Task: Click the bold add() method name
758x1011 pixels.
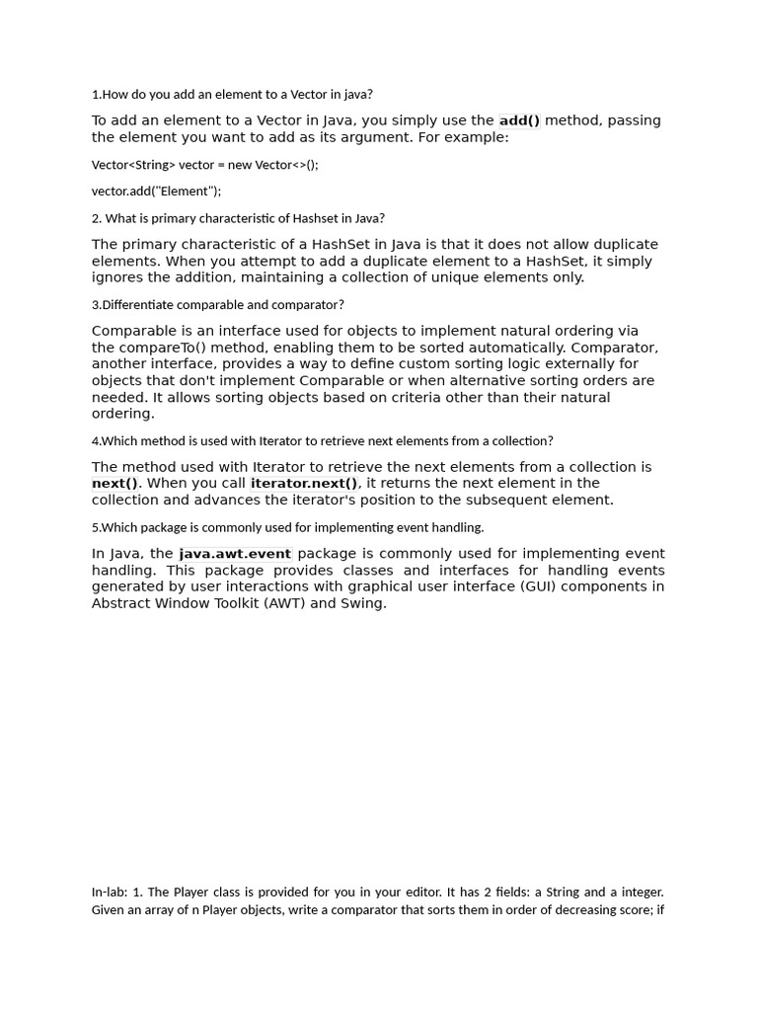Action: tap(519, 120)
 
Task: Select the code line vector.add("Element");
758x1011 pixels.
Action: tap(156, 191)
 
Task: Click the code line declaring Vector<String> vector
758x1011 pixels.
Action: tap(204, 165)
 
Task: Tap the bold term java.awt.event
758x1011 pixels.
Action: tap(235, 554)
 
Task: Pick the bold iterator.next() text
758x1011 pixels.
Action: tap(304, 483)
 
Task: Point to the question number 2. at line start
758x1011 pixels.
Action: tap(97, 218)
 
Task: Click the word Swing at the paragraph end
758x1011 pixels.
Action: tap(361, 603)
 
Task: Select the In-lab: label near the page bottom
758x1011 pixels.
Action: tap(110, 892)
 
